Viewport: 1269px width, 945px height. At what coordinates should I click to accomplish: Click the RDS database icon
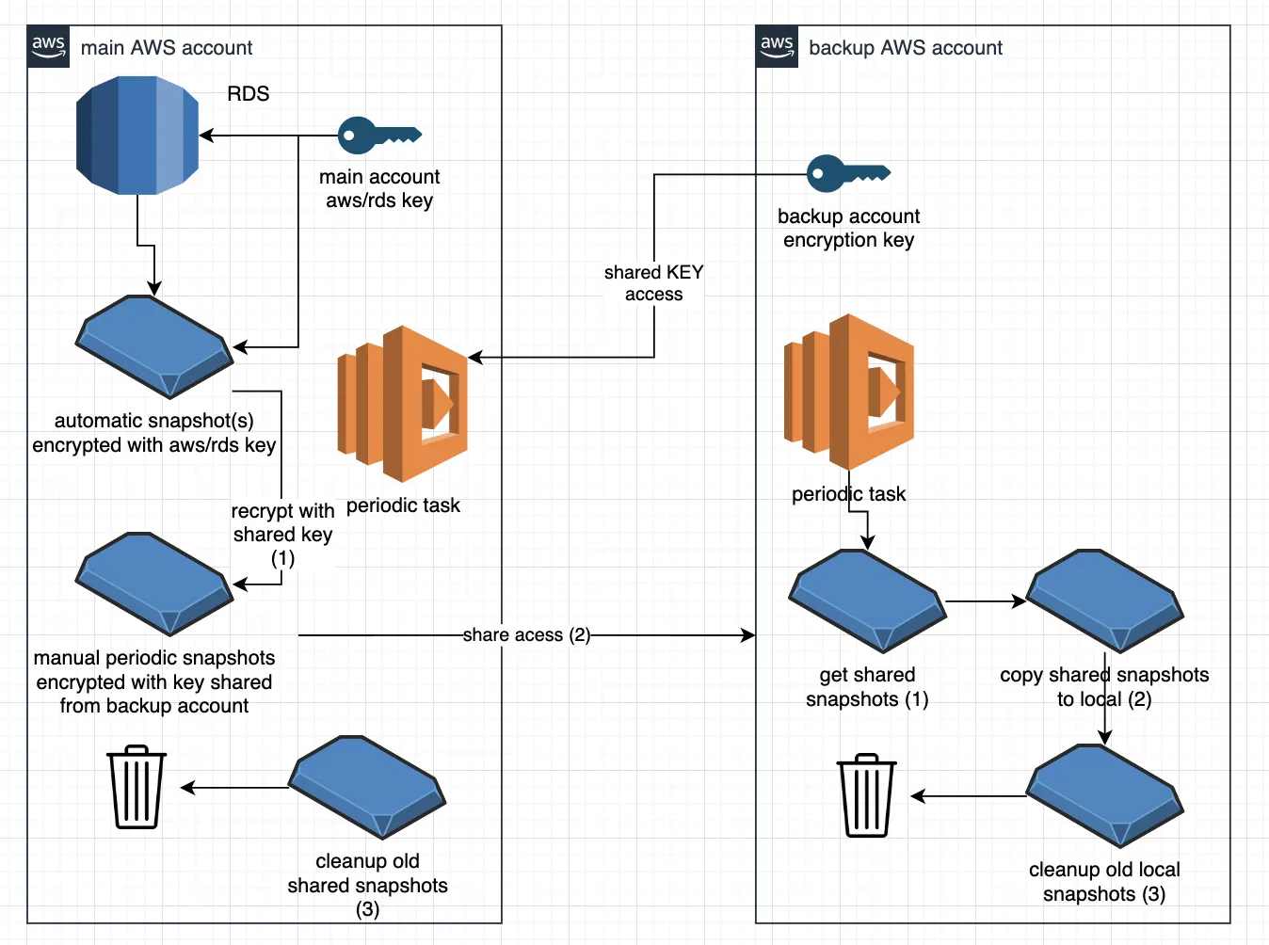[x=137, y=136]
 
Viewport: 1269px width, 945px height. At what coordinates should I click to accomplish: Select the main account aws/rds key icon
[x=379, y=136]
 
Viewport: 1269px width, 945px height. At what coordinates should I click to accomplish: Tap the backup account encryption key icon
[x=848, y=173]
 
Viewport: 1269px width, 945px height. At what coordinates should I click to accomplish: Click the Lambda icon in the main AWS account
[x=403, y=404]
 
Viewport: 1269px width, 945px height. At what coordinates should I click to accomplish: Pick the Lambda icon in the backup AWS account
[x=849, y=392]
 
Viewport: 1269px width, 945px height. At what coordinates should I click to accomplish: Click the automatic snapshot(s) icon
[x=154, y=347]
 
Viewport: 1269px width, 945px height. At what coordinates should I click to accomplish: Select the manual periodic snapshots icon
[x=154, y=584]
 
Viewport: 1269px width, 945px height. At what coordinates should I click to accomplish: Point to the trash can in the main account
[x=137, y=787]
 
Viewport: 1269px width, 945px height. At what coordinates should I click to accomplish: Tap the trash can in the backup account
[x=866, y=795]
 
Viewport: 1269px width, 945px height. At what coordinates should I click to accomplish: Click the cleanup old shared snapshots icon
[x=367, y=787]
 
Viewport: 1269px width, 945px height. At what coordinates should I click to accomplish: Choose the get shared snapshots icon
[x=867, y=601]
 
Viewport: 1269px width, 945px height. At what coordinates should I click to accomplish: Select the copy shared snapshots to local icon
[x=1104, y=601]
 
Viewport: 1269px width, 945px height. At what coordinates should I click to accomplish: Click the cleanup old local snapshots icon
[x=1104, y=796]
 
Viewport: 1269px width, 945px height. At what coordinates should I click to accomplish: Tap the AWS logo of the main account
[x=48, y=47]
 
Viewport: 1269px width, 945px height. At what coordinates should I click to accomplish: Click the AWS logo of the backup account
[x=777, y=47]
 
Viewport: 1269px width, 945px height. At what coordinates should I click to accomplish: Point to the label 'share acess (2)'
[x=526, y=635]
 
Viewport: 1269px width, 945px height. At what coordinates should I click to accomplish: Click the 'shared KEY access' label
[x=653, y=283]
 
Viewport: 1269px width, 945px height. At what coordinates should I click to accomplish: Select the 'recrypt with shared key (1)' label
[x=282, y=535]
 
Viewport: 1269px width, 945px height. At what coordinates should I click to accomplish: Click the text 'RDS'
[x=249, y=94]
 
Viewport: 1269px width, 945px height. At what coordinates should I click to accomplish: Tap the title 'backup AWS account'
[x=906, y=48]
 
